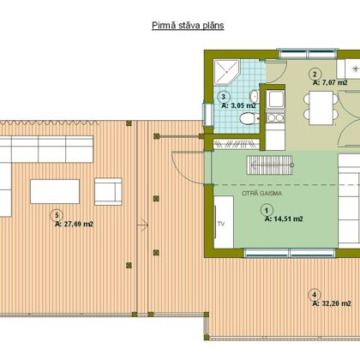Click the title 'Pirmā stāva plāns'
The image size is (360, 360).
188,26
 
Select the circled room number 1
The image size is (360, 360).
267,211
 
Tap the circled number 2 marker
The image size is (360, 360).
315,75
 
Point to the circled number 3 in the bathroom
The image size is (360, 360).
224,97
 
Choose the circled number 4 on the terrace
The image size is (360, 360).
315,295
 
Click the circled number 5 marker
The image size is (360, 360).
57,215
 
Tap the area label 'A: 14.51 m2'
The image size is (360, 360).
284,219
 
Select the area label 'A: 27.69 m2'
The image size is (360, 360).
75,224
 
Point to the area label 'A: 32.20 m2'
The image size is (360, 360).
332,303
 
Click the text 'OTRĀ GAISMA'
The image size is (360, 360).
261,194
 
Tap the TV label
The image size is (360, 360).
221,224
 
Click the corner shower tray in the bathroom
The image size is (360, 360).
226,73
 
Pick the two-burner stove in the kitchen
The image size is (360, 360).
275,117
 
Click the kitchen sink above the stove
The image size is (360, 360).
275,99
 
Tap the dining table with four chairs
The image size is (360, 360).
321,108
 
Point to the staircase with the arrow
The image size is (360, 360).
270,165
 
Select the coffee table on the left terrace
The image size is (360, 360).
55,191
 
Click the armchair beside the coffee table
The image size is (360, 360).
108,191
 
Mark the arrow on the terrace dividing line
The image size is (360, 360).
142,225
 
